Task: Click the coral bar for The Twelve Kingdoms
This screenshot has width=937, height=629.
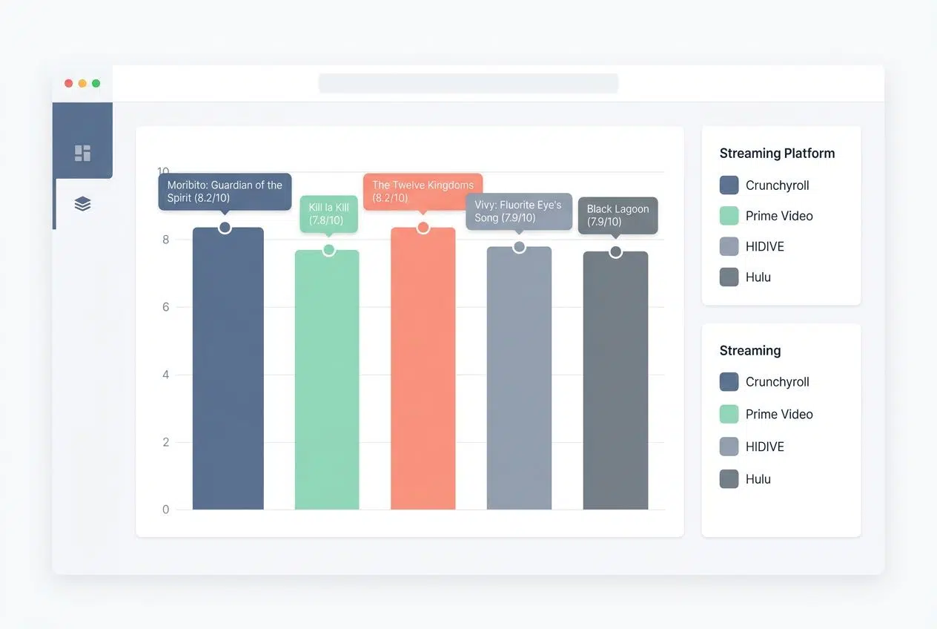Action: pyautogui.click(x=423, y=371)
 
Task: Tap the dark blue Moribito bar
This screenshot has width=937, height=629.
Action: pyautogui.click(x=228, y=371)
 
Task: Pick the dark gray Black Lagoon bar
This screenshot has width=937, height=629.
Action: pyautogui.click(x=615, y=382)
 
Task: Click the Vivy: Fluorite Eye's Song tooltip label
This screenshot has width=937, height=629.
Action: pyautogui.click(x=518, y=211)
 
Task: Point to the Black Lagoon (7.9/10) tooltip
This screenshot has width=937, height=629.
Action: pyautogui.click(x=618, y=215)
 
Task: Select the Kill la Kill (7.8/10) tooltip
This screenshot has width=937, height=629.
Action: pyautogui.click(x=328, y=214)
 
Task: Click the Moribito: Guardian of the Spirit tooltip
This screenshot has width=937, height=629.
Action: pyautogui.click(x=225, y=191)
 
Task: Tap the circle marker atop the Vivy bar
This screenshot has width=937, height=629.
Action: pyautogui.click(x=519, y=246)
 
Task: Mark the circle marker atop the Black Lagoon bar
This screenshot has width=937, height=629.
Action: pyautogui.click(x=615, y=252)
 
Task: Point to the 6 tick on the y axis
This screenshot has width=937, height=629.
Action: pyautogui.click(x=165, y=307)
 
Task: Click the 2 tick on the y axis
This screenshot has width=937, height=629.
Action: pyautogui.click(x=165, y=442)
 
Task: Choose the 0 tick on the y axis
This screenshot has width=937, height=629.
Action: pyautogui.click(x=165, y=510)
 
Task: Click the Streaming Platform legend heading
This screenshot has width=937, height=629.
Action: pyautogui.click(x=777, y=154)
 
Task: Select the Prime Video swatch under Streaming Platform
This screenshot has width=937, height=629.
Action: pyautogui.click(x=729, y=216)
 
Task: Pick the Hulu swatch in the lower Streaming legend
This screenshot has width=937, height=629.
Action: pyautogui.click(x=729, y=479)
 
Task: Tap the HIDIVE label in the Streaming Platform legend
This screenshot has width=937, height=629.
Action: pyautogui.click(x=764, y=246)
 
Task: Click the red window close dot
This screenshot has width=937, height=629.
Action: pyautogui.click(x=68, y=84)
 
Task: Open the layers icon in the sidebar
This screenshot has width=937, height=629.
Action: pyautogui.click(x=82, y=204)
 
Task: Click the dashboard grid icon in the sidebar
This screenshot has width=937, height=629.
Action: pyautogui.click(x=82, y=153)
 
